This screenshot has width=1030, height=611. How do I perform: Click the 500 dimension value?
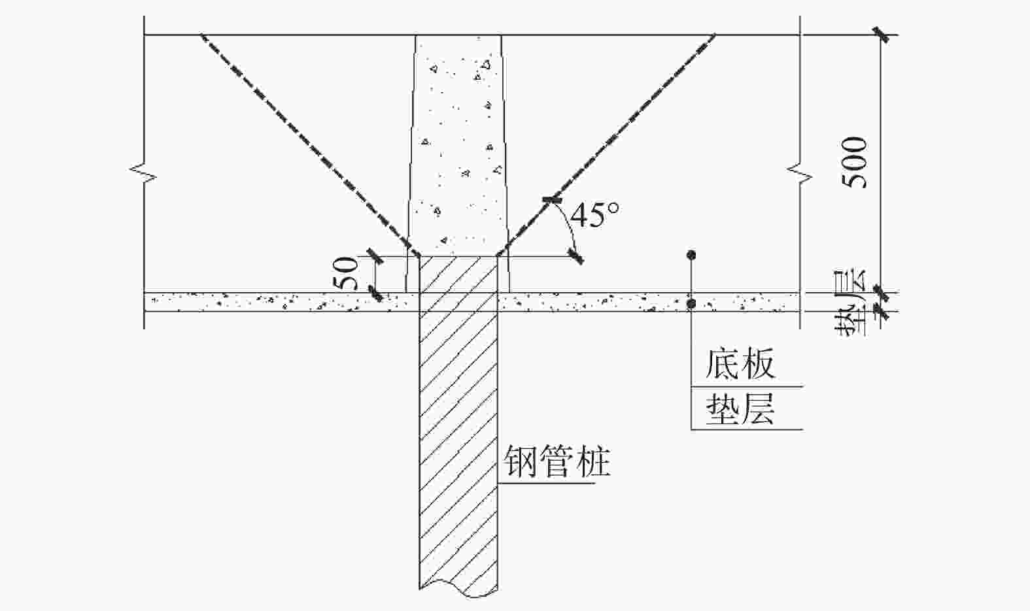click(854, 163)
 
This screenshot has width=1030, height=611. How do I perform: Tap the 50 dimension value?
click(346, 274)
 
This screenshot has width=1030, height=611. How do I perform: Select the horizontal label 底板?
click(740, 364)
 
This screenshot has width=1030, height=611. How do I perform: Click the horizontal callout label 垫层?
click(740, 409)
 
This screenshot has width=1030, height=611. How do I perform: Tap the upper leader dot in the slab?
click(691, 255)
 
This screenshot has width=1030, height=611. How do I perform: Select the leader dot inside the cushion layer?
click(691, 304)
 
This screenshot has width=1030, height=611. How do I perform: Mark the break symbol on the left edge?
click(143, 174)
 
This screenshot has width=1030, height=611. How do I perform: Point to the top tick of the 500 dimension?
click(881, 35)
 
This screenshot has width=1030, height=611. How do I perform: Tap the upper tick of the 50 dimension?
click(376, 256)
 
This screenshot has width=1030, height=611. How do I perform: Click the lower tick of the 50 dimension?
click(376, 293)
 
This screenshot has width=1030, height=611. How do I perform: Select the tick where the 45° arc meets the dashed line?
click(552, 200)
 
